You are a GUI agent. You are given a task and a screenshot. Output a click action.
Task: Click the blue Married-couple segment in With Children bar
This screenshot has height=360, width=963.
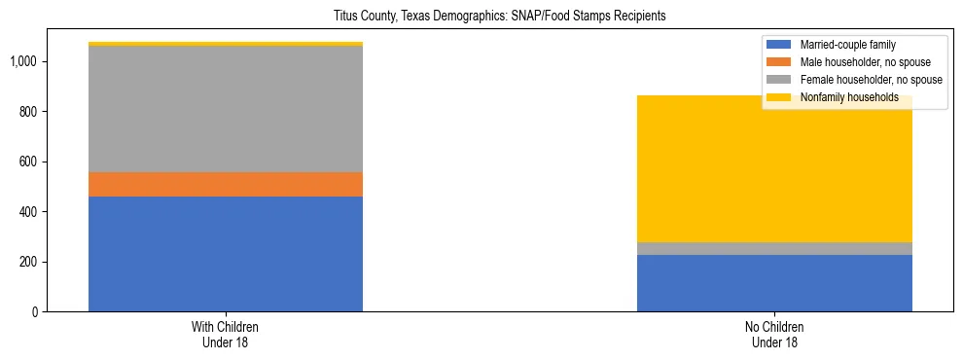(x=226, y=254)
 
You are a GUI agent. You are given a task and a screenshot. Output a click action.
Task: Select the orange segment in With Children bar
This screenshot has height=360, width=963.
(x=226, y=184)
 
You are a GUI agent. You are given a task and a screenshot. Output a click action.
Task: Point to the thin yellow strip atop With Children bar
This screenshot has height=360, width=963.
(x=226, y=44)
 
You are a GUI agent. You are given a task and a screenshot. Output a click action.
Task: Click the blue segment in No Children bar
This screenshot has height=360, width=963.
(x=774, y=283)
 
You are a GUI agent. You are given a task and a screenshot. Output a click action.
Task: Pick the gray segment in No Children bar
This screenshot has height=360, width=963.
(x=774, y=248)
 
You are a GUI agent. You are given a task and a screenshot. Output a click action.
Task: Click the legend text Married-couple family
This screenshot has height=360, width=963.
(x=847, y=45)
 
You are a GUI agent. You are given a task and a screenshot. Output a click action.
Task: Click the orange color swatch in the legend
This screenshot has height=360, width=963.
(x=780, y=62)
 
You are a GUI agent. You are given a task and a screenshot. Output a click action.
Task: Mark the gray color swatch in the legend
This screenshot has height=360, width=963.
(x=780, y=80)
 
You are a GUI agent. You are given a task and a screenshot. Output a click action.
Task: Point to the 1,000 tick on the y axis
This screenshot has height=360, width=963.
(x=24, y=61)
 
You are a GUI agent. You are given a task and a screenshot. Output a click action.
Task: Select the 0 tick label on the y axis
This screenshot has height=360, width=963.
(x=35, y=312)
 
